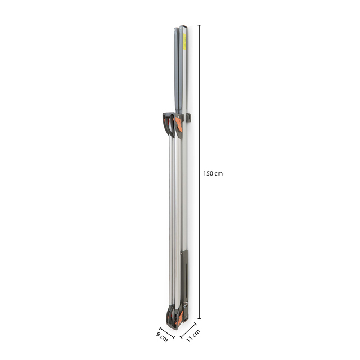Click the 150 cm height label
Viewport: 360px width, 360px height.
(213, 173)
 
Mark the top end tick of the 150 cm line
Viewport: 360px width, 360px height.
(199, 25)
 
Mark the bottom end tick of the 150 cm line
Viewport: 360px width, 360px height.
(199, 319)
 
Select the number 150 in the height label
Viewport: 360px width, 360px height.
(209, 173)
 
